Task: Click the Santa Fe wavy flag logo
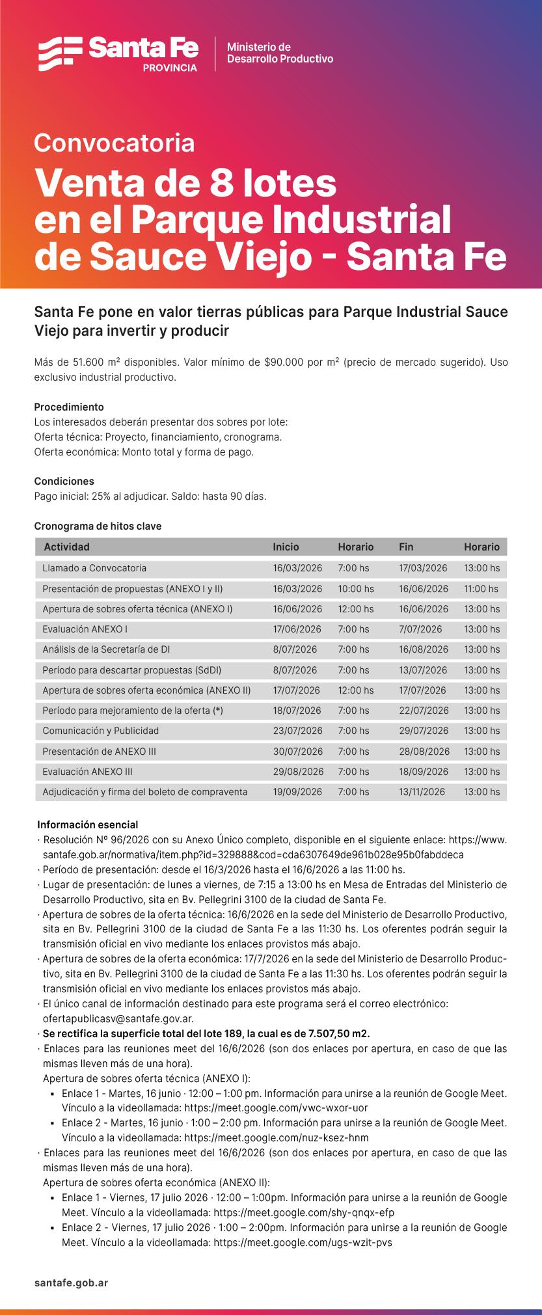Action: (59, 53)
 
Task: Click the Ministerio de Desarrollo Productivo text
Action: (280, 53)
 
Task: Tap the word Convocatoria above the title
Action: (115, 143)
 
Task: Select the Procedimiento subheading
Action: (69, 407)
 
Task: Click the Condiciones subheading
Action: (64, 481)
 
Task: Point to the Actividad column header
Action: (66, 547)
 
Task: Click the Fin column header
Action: (406, 547)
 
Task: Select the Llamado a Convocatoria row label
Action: (94, 568)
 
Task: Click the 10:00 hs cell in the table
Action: (356, 589)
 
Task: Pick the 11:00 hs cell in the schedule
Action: (481, 589)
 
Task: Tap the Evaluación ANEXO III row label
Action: (87, 772)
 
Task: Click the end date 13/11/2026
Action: (422, 792)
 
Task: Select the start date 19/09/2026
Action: (297, 792)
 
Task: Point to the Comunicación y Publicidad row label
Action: (100, 731)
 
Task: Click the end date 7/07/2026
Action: (420, 629)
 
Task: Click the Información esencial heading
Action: (87, 825)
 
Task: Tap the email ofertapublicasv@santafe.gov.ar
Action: (118, 1019)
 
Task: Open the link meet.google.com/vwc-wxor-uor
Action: (277, 1108)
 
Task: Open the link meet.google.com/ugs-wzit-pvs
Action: (303, 1242)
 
